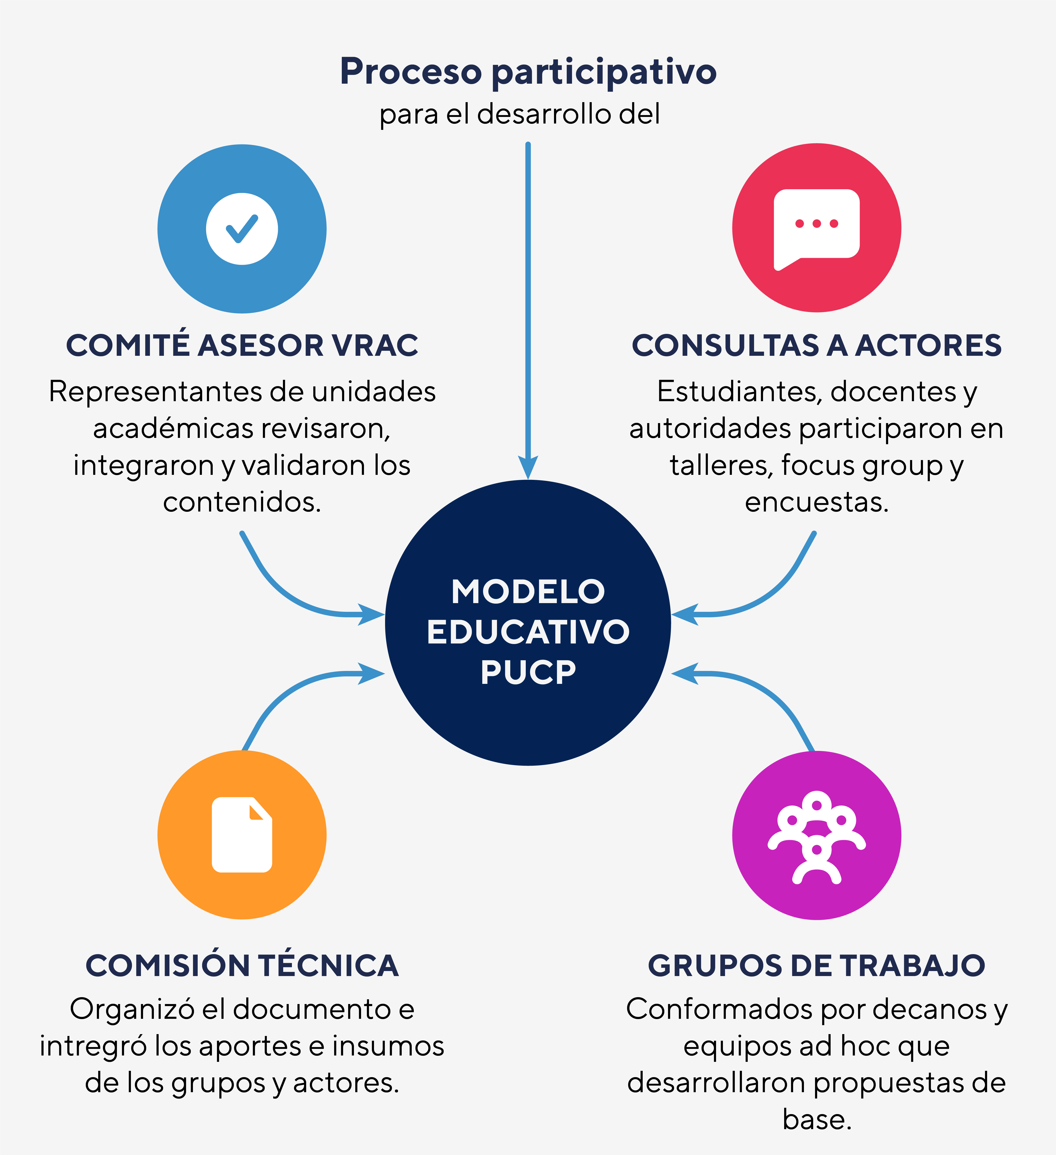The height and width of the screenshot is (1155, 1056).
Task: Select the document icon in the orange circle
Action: (x=242, y=835)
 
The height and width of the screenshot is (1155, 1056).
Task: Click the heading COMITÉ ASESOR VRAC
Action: (x=242, y=345)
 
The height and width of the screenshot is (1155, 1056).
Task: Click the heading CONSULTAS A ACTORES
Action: (x=817, y=345)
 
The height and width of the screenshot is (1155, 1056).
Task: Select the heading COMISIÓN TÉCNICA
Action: (x=242, y=966)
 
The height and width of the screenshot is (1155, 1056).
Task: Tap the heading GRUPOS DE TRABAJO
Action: (x=817, y=966)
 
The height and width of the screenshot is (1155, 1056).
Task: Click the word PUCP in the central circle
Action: (x=528, y=672)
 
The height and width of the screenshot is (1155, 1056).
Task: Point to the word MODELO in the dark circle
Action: (x=528, y=592)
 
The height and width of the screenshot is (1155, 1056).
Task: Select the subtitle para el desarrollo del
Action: (x=520, y=114)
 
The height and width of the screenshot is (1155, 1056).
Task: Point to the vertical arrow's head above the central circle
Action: (x=528, y=467)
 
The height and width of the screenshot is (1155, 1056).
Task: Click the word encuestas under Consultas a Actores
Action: (x=817, y=503)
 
